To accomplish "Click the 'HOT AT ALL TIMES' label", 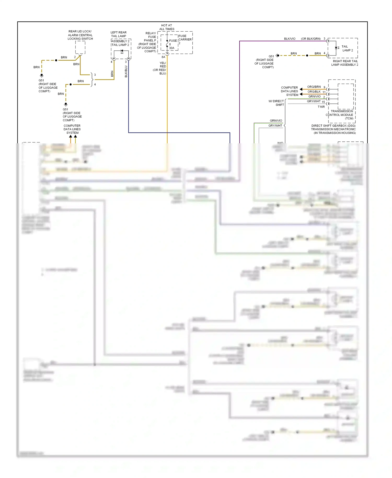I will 167,27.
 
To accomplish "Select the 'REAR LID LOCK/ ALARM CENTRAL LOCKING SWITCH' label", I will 80,35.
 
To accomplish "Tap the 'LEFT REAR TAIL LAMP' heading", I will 118,34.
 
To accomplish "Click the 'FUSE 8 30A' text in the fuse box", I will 172,44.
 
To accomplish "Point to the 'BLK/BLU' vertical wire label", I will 126,71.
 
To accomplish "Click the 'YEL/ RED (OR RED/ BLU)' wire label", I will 160,68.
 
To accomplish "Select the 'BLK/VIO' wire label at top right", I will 290,39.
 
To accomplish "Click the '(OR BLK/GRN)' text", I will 311,39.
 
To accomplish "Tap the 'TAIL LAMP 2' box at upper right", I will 347,48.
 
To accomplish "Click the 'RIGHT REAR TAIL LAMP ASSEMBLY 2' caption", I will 345,63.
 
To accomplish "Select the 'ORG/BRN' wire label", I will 314,87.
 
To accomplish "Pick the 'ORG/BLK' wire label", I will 314,92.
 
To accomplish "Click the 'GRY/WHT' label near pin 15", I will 313,101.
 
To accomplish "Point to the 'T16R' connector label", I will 321,107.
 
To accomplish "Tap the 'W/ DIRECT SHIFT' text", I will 276,103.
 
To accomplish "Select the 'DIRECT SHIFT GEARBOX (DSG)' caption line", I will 333,126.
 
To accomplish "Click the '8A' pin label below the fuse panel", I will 163,57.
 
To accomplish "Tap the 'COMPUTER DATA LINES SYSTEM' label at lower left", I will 72,129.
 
